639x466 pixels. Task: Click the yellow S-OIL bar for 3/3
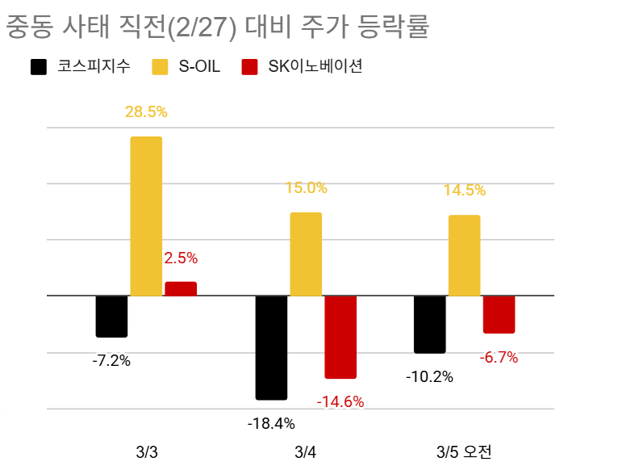(146, 216)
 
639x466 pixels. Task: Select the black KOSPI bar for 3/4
(271, 347)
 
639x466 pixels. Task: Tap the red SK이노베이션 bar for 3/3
(181, 289)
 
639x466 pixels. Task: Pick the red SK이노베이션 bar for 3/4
(340, 337)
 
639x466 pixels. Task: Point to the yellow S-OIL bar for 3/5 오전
(464, 255)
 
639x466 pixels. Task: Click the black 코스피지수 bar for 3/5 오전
(429, 324)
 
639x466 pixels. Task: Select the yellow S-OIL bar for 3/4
(306, 254)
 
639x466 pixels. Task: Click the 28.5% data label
(146, 111)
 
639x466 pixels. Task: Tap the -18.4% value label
(271, 422)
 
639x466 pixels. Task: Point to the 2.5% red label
(181, 258)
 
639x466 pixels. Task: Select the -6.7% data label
(499, 357)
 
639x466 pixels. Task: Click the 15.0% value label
(306, 188)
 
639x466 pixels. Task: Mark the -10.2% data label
(430, 376)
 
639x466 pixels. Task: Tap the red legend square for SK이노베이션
(250, 67)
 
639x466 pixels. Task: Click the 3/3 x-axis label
(146, 451)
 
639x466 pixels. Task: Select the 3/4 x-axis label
(305, 451)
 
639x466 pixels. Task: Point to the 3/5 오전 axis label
(464, 451)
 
